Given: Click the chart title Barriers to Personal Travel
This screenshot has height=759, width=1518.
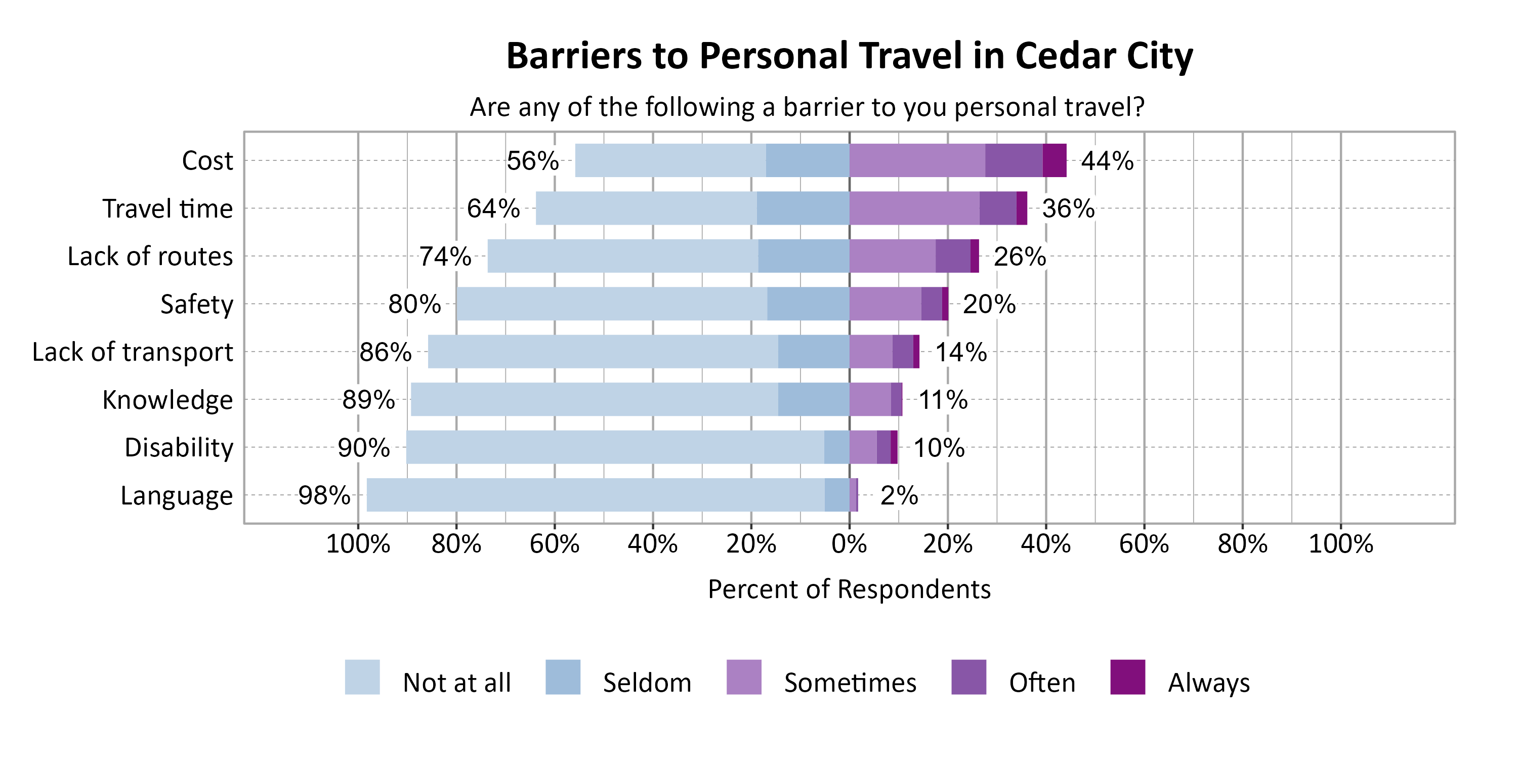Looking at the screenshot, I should pos(849,56).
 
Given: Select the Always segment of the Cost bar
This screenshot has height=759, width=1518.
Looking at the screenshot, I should pos(1054,160).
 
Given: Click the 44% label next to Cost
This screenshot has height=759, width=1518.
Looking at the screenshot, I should pos(1107,161).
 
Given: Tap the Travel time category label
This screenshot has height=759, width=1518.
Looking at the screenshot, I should pos(167,208).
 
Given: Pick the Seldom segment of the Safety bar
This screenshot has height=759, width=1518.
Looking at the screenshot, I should pos(808,304).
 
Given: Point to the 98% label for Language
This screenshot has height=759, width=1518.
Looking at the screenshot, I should pos(324,495).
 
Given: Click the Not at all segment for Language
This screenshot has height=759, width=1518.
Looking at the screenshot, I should pos(595,495).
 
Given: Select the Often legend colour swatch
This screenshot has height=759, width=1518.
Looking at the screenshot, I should pos(968,677).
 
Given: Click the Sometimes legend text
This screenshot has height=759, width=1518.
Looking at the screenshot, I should pos(850,683).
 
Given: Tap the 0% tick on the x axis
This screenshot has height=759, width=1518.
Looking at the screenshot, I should pos(849,543).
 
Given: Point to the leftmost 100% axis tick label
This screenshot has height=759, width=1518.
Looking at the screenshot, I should pos(358,543).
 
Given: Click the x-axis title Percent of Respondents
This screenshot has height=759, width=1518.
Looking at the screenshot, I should pos(849,589).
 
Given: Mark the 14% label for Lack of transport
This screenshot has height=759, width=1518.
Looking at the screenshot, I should pos(960,352).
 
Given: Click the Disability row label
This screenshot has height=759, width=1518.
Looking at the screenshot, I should pos(179,447).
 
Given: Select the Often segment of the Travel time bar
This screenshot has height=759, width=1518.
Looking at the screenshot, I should pos(998,208).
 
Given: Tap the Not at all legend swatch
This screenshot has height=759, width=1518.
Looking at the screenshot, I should pos(362,677).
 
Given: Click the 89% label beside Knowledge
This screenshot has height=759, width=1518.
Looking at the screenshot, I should pos(368,400).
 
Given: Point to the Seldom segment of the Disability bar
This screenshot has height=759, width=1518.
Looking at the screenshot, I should pos(837,447).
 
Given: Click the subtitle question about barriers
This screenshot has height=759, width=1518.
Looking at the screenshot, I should pos(807,107).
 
